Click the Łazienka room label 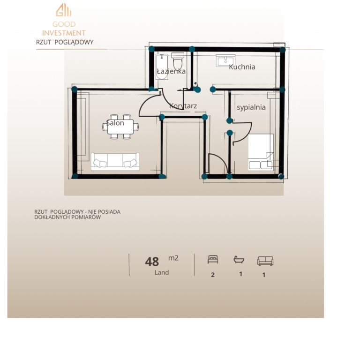171,71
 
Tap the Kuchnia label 242,67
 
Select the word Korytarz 183,106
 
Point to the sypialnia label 251,107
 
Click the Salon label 115,123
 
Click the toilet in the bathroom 178,60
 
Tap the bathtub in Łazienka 162,67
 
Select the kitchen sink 225,60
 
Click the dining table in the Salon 120,127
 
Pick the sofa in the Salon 115,162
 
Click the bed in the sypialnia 261,152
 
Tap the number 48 152,262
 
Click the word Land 162,272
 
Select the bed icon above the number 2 213,259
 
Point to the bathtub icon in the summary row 239,260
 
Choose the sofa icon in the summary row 265,261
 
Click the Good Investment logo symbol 64,10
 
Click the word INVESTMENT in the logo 64,33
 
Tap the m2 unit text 173,258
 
